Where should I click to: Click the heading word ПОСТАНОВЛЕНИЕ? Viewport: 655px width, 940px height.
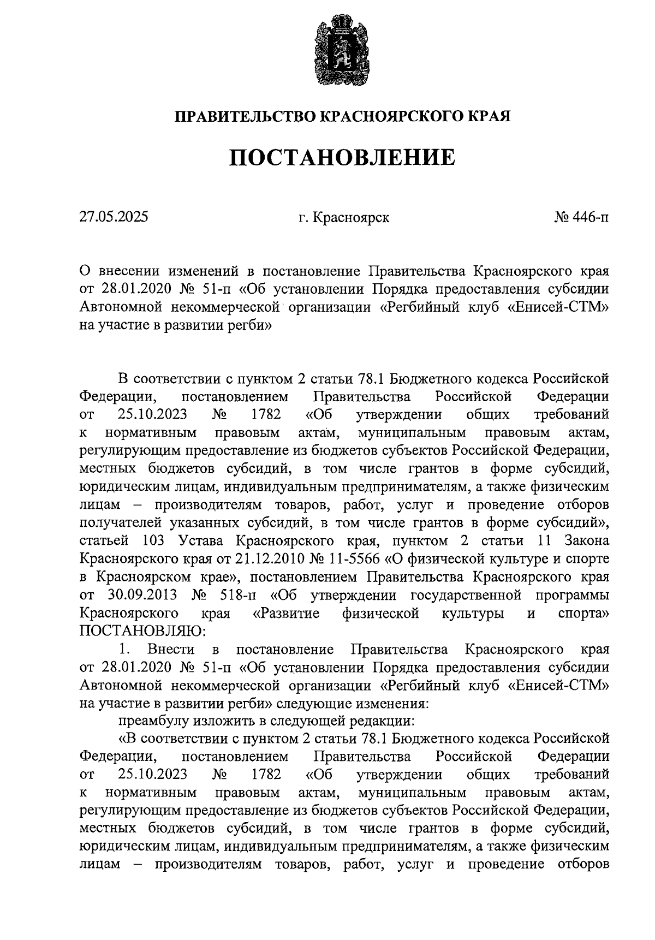(x=342, y=157)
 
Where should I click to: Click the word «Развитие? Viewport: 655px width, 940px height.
(x=286, y=613)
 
